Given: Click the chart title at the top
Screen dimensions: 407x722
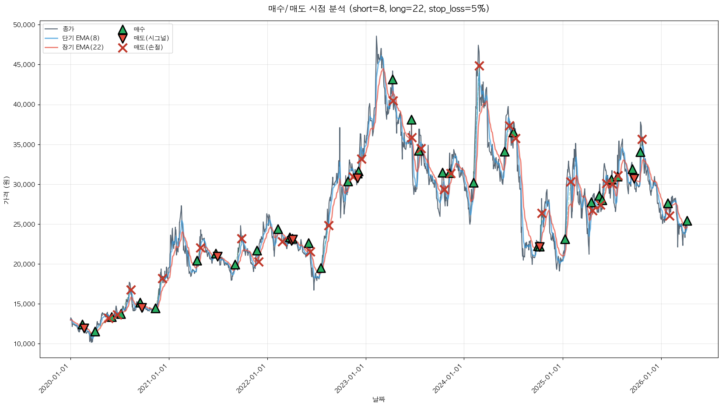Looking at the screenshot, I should pyautogui.click(x=379, y=9).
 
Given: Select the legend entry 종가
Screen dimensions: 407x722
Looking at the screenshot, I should pyautogui.click(x=68, y=29).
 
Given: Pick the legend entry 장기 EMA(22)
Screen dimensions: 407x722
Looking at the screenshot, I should pyautogui.click(x=83, y=47).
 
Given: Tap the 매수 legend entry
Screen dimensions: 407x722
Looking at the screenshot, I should pyautogui.click(x=139, y=29).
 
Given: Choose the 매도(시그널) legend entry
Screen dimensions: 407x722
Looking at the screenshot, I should pyautogui.click(x=151, y=38).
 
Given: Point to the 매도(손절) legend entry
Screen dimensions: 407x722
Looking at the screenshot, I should pyautogui.click(x=148, y=47).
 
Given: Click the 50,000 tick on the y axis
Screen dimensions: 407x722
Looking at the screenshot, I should pyautogui.click(x=25, y=25).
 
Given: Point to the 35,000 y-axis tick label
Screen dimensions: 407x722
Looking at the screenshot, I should pyautogui.click(x=25, y=144).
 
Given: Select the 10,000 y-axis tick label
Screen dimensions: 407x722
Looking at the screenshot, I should pyautogui.click(x=25, y=344).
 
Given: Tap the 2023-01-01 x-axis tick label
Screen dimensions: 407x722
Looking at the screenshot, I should pyautogui.click(x=350, y=379).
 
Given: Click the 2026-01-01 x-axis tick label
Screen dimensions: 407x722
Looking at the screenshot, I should pyautogui.click(x=645, y=379).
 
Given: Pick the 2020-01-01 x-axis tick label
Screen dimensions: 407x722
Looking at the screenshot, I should pyautogui.click(x=55, y=379).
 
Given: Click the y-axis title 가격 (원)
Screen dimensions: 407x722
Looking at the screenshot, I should pyautogui.click(x=6, y=190).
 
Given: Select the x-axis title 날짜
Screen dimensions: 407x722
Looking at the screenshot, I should pyautogui.click(x=379, y=399).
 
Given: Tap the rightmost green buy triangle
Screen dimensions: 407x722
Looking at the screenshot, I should pyautogui.click(x=687, y=221).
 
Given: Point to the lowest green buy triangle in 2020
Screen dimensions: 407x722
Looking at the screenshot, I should pyautogui.click(x=95, y=332).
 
